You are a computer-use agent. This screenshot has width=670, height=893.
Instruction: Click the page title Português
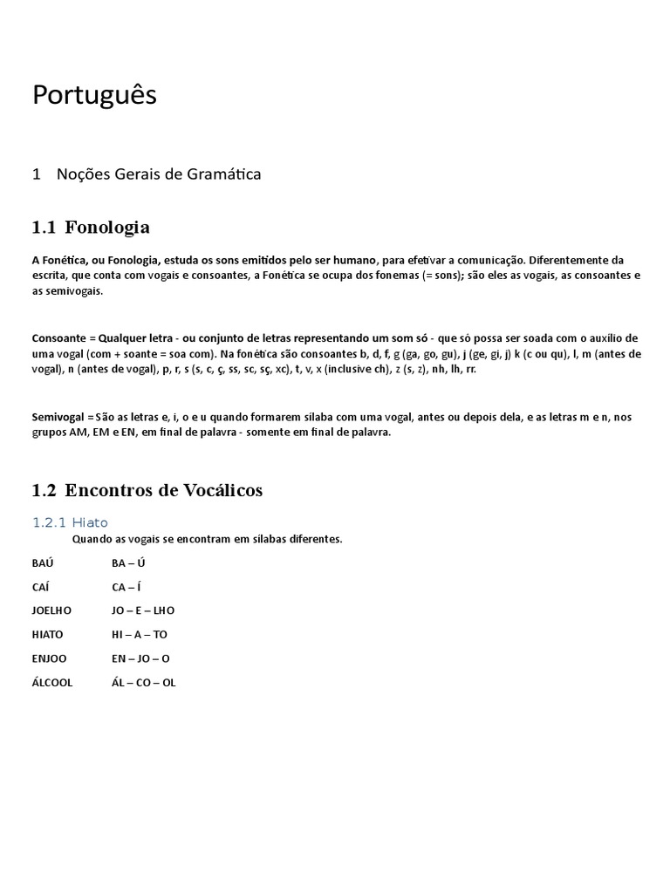tap(94, 95)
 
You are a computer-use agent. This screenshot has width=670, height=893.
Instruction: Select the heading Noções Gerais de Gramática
tap(158, 174)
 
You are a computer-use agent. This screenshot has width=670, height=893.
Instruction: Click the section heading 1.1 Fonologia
tap(91, 228)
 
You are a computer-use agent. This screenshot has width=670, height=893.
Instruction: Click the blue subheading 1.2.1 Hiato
tap(70, 522)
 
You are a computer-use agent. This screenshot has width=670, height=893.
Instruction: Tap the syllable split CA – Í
tap(126, 586)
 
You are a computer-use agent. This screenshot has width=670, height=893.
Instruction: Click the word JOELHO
tap(52, 610)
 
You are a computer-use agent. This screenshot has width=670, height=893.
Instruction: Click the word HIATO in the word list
tap(48, 635)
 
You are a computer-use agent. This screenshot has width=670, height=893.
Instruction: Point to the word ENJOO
tap(50, 658)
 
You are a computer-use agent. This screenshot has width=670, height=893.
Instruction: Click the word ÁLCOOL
tap(52, 683)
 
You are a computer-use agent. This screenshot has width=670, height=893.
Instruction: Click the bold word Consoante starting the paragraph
tap(58, 338)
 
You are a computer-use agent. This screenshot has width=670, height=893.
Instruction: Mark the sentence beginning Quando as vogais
tap(208, 539)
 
